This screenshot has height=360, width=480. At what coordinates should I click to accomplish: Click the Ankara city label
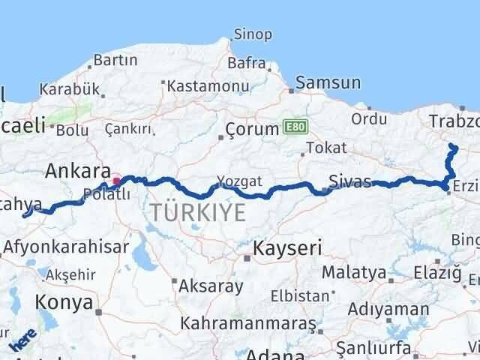tap(78, 171)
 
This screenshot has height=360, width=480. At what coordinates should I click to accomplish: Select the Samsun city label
tap(328, 83)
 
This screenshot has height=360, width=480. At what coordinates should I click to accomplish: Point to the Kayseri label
tap(287, 247)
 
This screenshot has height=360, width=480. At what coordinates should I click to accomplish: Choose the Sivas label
tap(349, 181)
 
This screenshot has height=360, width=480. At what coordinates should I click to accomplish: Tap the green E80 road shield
tap(295, 128)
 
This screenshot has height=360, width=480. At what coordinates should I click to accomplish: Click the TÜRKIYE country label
tap(197, 212)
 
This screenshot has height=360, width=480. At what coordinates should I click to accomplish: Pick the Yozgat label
tap(239, 181)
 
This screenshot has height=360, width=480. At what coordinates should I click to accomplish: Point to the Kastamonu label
tap(208, 86)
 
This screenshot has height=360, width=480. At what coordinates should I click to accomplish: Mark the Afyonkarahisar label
tap(61, 245)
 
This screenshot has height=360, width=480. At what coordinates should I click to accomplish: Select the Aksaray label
tap(210, 286)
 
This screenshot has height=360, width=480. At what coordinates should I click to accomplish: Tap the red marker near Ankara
tap(115, 181)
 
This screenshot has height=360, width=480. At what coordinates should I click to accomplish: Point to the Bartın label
tap(114, 59)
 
